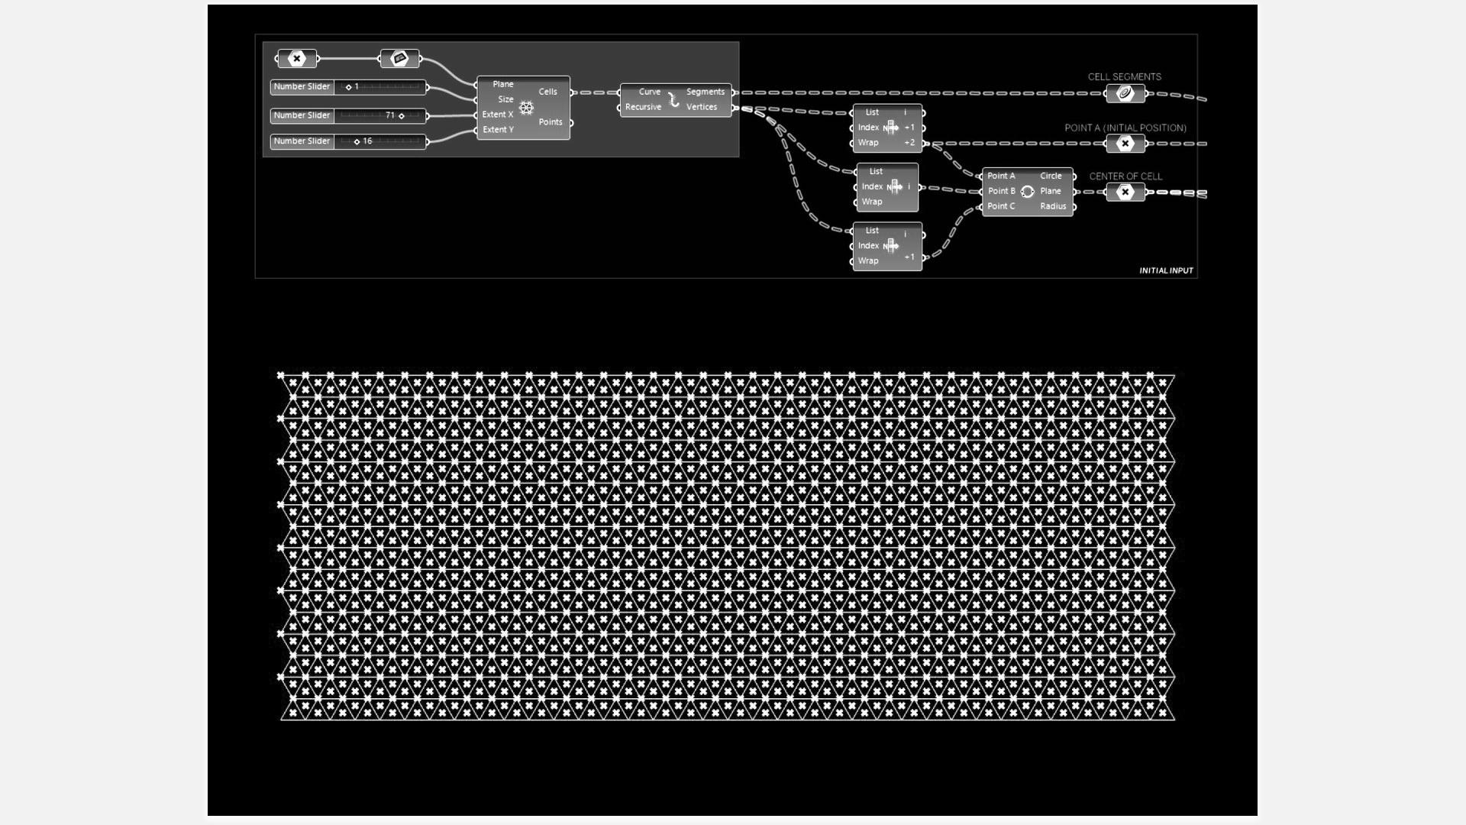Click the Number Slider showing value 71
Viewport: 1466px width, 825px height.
click(x=348, y=115)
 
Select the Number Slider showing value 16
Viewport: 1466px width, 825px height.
click(x=348, y=141)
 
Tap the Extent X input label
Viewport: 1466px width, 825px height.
click(x=497, y=115)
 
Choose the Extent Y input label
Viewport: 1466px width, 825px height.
click(x=497, y=130)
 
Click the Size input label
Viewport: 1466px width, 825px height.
click(x=505, y=99)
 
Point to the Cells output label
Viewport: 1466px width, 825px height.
click(x=547, y=92)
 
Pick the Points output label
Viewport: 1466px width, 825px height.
click(x=550, y=122)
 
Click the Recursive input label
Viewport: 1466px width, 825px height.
click(x=643, y=107)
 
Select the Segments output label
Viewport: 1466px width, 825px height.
click(x=705, y=92)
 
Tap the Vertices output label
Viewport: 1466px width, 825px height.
click(x=701, y=107)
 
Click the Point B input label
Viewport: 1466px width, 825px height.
click(x=1001, y=191)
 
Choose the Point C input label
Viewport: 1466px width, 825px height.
click(x=1001, y=206)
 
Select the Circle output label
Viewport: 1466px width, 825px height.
click(x=1051, y=176)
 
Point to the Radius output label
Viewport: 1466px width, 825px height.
click(x=1053, y=206)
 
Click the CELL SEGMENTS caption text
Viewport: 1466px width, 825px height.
click(x=1124, y=76)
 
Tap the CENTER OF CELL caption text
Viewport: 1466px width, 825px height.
click(x=1125, y=176)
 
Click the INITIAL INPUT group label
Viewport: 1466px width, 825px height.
click(x=1166, y=270)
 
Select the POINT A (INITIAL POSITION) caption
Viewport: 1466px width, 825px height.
click(x=1125, y=128)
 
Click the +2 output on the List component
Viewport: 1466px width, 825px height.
click(x=909, y=143)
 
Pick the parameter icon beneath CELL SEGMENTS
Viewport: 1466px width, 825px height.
click(x=1125, y=94)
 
